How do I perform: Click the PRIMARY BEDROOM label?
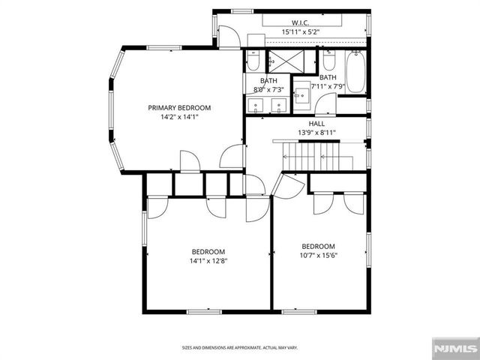point(178,108)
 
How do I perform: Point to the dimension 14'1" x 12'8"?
point(208,261)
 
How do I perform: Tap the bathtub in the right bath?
point(355,73)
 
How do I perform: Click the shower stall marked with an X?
point(282,60)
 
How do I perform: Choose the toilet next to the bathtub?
point(329,60)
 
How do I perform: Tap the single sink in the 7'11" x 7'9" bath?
point(301,94)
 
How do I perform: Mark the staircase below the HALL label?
point(315,156)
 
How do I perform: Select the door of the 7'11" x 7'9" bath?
point(324,105)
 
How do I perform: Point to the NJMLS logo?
point(455,349)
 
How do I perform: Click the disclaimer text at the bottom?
point(240,348)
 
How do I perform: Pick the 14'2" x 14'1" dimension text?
point(178,117)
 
